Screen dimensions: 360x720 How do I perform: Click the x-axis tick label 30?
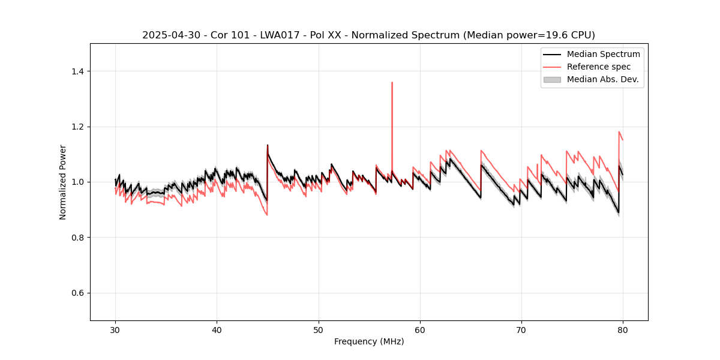115,330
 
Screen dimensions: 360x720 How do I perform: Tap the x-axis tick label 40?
217,330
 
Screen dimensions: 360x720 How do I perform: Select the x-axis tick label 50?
319,330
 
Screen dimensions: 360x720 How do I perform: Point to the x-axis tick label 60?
420,330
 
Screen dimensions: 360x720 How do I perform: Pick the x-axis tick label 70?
521,330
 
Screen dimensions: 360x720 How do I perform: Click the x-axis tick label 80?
623,330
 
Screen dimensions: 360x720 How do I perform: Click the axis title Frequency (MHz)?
369,341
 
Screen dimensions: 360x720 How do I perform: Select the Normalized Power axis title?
63,182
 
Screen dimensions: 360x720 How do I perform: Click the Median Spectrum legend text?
603,54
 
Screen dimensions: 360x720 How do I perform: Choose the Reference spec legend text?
599,67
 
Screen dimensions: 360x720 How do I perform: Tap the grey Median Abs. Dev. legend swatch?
552,79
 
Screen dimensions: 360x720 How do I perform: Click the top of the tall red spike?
392,83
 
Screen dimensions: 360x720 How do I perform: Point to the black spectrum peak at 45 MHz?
268,145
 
